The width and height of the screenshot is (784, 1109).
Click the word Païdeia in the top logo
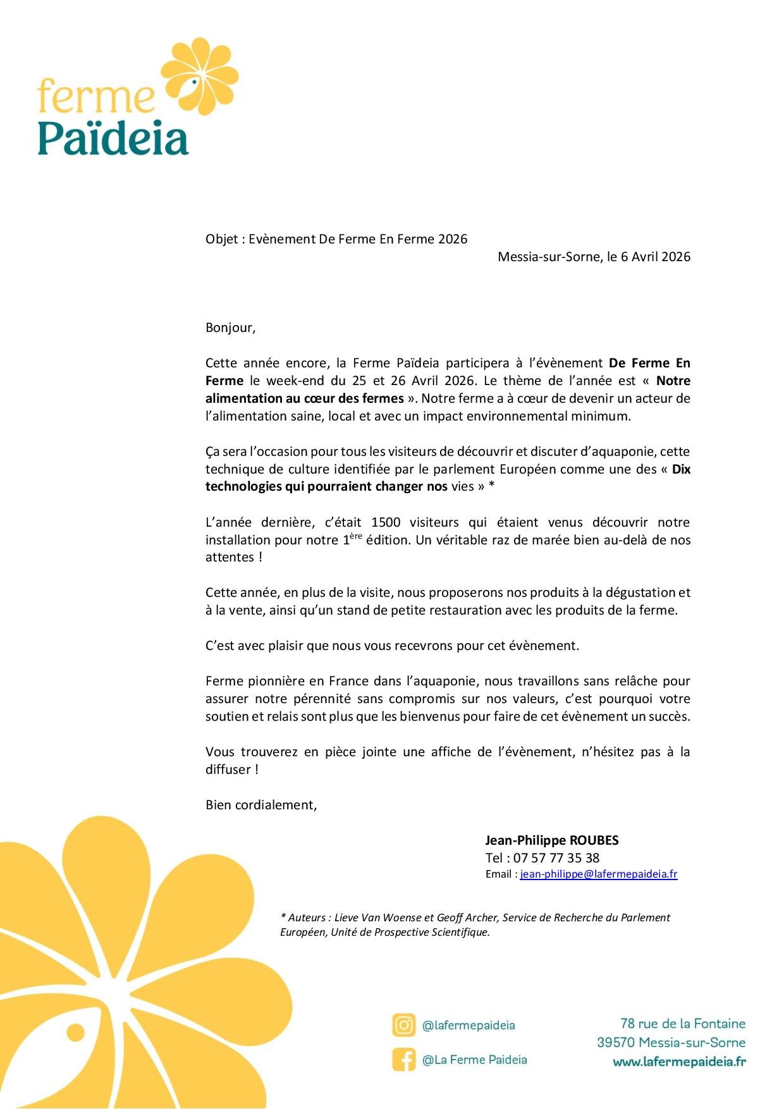pyautogui.click(x=113, y=138)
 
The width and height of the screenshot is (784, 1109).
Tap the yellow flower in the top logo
pyautogui.click(x=200, y=77)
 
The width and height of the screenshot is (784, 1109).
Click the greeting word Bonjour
pyautogui.click(x=230, y=328)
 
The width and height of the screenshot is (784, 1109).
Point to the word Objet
pyautogui.click(x=221, y=239)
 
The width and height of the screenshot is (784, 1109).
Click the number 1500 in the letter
pyautogui.click(x=386, y=522)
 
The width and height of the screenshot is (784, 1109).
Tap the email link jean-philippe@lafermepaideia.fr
pyautogui.click(x=598, y=874)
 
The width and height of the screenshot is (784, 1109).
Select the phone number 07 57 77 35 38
pyautogui.click(x=556, y=858)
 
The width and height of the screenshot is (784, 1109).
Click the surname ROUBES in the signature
pyautogui.click(x=594, y=840)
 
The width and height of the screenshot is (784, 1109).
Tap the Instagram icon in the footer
pyautogui.click(x=403, y=1025)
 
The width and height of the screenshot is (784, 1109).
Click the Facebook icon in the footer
pyautogui.click(x=403, y=1060)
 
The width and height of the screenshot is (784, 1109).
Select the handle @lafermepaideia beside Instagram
pyautogui.click(x=469, y=1026)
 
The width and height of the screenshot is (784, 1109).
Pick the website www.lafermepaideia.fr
pyautogui.click(x=679, y=1062)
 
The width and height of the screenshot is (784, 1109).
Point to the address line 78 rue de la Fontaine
pyautogui.click(x=683, y=1024)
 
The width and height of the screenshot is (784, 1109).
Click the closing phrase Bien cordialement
pyautogui.click(x=260, y=805)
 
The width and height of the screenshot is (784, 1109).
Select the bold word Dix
pyautogui.click(x=681, y=469)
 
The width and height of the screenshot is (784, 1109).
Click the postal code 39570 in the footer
pyautogui.click(x=616, y=1043)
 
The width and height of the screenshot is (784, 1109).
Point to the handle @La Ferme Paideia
pyautogui.click(x=474, y=1060)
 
